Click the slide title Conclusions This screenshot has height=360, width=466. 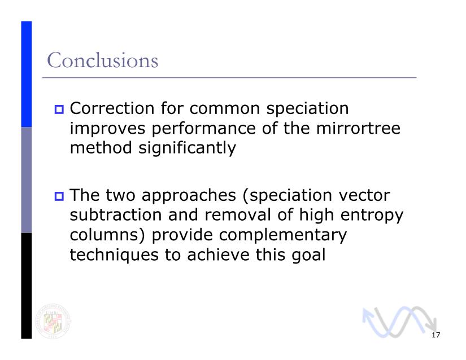(103, 60)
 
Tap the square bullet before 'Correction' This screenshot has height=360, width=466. (59, 109)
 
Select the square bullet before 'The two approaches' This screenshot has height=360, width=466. (59, 196)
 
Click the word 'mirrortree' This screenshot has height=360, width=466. (358, 128)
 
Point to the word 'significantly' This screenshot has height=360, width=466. (187, 148)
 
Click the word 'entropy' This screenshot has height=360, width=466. (372, 216)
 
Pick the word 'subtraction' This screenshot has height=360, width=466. (116, 214)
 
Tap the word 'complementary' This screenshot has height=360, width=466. (283, 236)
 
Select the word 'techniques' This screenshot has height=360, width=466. (114, 255)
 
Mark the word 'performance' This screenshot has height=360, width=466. (203, 129)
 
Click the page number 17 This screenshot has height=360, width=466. (435, 335)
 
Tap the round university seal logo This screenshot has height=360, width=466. (53, 321)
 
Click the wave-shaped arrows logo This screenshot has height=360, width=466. (399, 322)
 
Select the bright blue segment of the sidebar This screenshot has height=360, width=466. (27, 74)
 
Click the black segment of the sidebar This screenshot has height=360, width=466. (27, 286)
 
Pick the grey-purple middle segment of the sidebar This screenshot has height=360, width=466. (27, 180)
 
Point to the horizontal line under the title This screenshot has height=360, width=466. (229, 78)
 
